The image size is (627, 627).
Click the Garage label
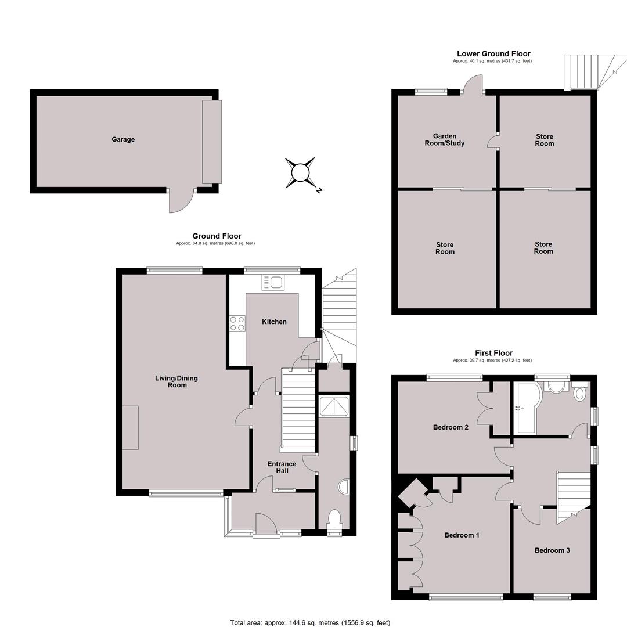123,139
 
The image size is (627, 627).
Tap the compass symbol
301,173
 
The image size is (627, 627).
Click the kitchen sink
273,283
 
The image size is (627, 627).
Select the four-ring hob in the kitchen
237,323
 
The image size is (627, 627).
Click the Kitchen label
274,322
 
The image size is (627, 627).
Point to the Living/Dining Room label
176,381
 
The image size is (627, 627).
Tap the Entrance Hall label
282,467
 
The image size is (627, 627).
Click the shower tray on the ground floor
334,406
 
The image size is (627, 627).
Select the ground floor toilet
333,520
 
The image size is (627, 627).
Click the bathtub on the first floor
528,408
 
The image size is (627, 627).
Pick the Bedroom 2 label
451,427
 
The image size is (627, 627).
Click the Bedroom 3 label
552,550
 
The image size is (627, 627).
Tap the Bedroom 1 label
462,535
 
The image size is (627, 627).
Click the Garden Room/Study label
445,139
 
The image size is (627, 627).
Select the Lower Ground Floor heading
493,53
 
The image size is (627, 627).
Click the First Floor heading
493,353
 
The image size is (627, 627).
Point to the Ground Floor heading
217,236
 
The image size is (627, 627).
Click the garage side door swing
181,200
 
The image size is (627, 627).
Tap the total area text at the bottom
310,622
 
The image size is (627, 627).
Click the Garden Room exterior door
472,83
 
